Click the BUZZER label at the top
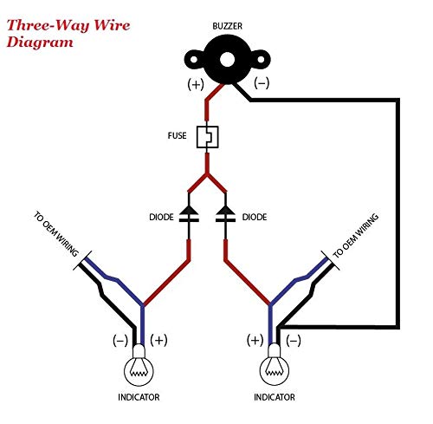tap(227, 26)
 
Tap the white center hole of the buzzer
tap(227, 60)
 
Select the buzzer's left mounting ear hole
tap(194, 60)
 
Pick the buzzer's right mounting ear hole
tap(261, 60)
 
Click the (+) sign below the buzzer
tap(196, 84)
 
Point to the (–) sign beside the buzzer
tap(262, 83)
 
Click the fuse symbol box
tap(207, 137)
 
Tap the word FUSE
tap(177, 135)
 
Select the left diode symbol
tap(189, 214)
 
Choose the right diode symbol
tap(225, 214)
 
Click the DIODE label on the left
tap(161, 217)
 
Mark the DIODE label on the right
tap(255, 217)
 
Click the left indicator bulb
tap(139, 366)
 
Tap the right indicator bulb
tap(275, 366)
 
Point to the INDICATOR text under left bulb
tap(139, 397)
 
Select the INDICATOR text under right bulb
tap(275, 397)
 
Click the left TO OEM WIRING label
tap(56, 234)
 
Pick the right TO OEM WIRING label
tap(356, 236)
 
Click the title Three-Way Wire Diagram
tap(68, 34)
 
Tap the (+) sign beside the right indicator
tap(255, 340)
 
